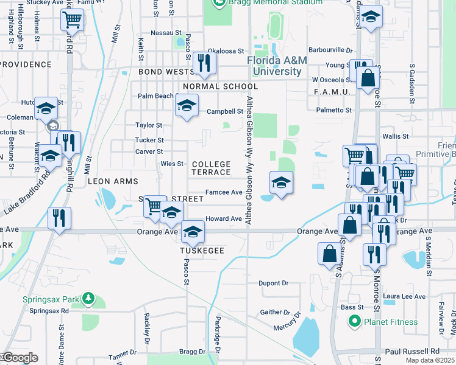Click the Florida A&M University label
(274, 66)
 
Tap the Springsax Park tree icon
(89, 299)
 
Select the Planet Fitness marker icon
(353, 322)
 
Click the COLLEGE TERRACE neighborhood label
(212, 169)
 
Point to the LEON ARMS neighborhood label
(113, 181)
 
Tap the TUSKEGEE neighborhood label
(202, 251)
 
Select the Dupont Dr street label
(273, 283)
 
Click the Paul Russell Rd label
(413, 352)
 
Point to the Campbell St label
(224, 111)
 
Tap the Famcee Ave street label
(224, 192)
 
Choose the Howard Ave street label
(224, 218)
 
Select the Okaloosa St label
(226, 52)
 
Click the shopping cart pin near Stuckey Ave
(73, 20)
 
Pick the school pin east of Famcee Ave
(280, 182)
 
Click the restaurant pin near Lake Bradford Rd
(60, 217)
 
